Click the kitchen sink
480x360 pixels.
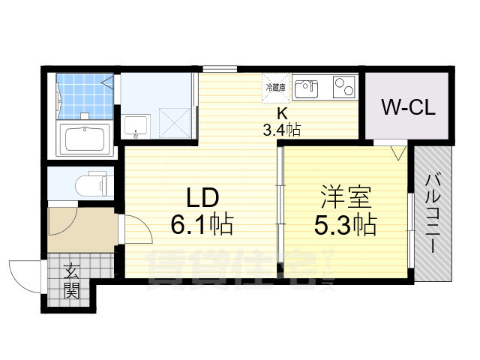[305, 89]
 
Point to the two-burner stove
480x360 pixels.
[342, 88]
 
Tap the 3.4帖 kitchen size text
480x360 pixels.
[281, 130]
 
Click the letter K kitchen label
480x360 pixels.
[282, 114]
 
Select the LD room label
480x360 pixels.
[202, 197]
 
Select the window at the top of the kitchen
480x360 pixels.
[220, 69]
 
